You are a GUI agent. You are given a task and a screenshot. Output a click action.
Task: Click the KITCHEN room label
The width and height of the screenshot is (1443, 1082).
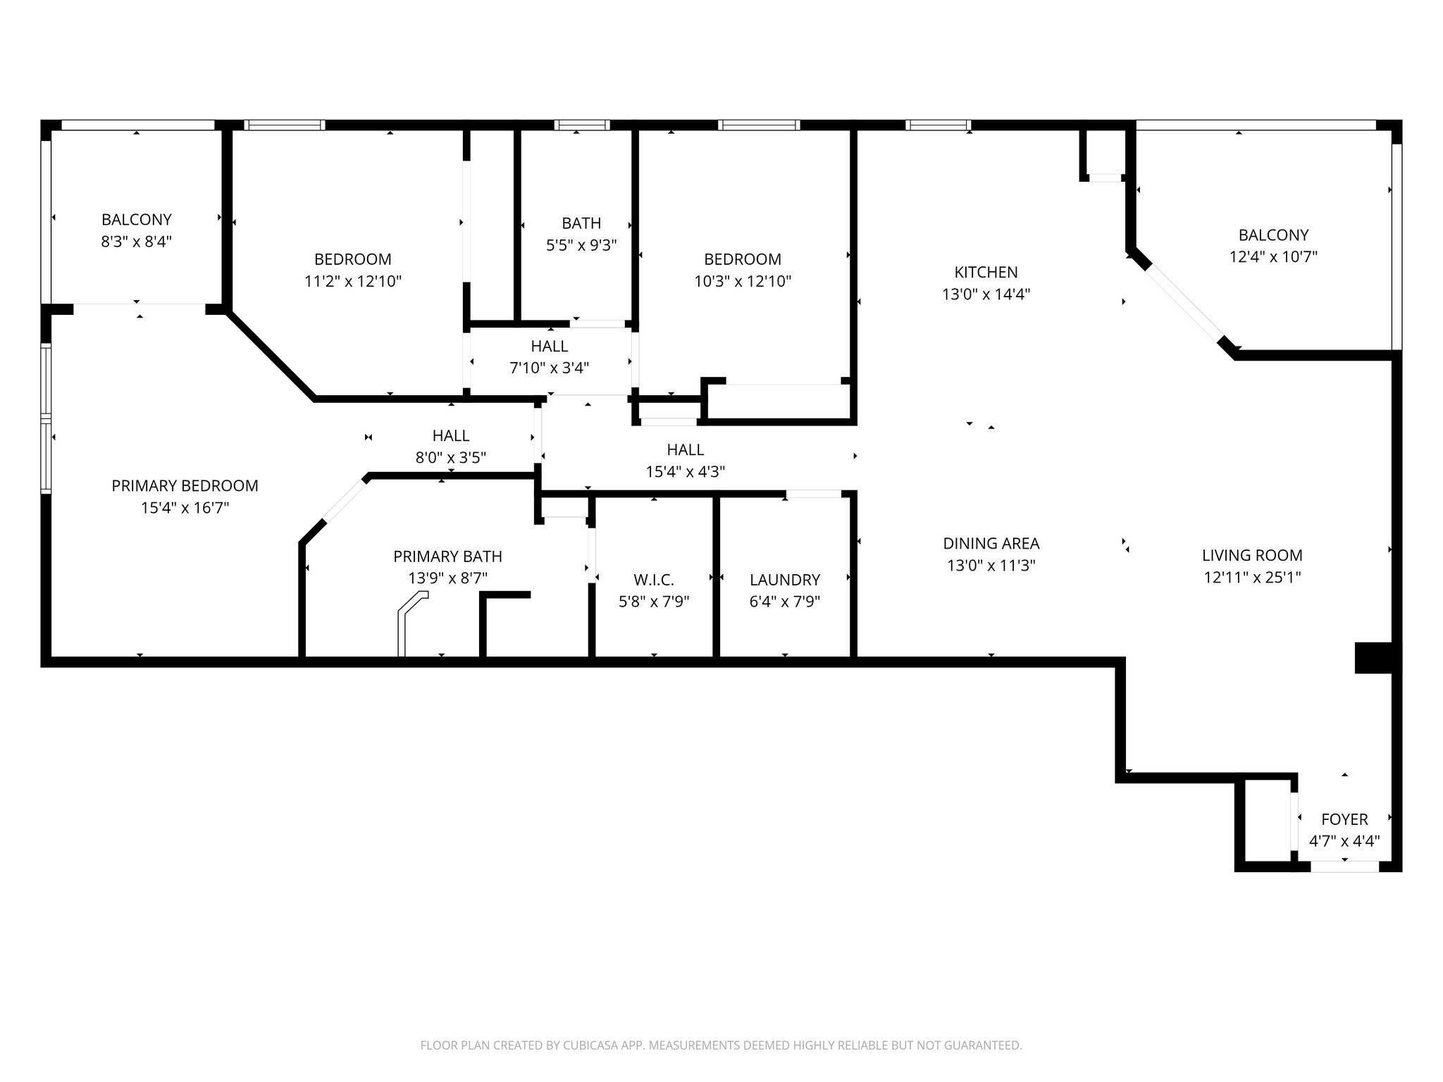[x=986, y=272]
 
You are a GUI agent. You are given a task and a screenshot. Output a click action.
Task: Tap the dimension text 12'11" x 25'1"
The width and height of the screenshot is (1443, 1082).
[x=1252, y=578]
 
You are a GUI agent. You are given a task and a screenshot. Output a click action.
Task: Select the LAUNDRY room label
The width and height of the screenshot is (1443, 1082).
[x=785, y=580]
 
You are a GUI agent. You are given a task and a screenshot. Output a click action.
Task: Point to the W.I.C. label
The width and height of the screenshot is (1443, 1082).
[x=654, y=580]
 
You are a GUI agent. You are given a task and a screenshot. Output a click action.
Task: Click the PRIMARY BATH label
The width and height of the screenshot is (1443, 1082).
[x=447, y=556]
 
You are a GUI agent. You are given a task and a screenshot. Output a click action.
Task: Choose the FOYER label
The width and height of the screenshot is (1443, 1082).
[x=1344, y=819]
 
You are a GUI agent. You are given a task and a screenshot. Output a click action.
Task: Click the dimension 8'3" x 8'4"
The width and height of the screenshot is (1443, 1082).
[x=137, y=242]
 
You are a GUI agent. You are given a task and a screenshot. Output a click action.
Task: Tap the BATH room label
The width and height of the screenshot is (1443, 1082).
[x=581, y=223]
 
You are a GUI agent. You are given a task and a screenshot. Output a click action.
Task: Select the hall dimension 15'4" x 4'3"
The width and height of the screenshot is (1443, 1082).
[x=686, y=472]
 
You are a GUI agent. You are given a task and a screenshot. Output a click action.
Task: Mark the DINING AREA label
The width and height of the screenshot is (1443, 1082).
[x=991, y=543]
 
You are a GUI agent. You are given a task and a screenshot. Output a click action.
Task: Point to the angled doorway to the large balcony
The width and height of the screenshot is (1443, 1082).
[x=1184, y=306]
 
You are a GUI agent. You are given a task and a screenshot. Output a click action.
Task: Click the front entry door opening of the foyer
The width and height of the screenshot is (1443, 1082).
[x=1344, y=866]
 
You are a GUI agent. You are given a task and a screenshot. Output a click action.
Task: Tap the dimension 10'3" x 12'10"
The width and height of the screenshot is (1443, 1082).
[x=743, y=282]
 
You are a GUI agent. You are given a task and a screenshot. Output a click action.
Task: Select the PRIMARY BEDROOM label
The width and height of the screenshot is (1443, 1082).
[x=185, y=485]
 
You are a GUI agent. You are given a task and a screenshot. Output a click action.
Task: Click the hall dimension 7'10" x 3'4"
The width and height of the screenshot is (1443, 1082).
[x=549, y=368]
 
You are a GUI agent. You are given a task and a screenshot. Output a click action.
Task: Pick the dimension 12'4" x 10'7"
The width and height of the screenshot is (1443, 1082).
[x=1273, y=257]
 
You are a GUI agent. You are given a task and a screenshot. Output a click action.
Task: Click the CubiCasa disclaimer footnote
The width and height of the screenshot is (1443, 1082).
[x=721, y=1045]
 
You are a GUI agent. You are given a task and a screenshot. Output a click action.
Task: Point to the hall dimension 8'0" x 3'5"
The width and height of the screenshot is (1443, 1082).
[x=451, y=458]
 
